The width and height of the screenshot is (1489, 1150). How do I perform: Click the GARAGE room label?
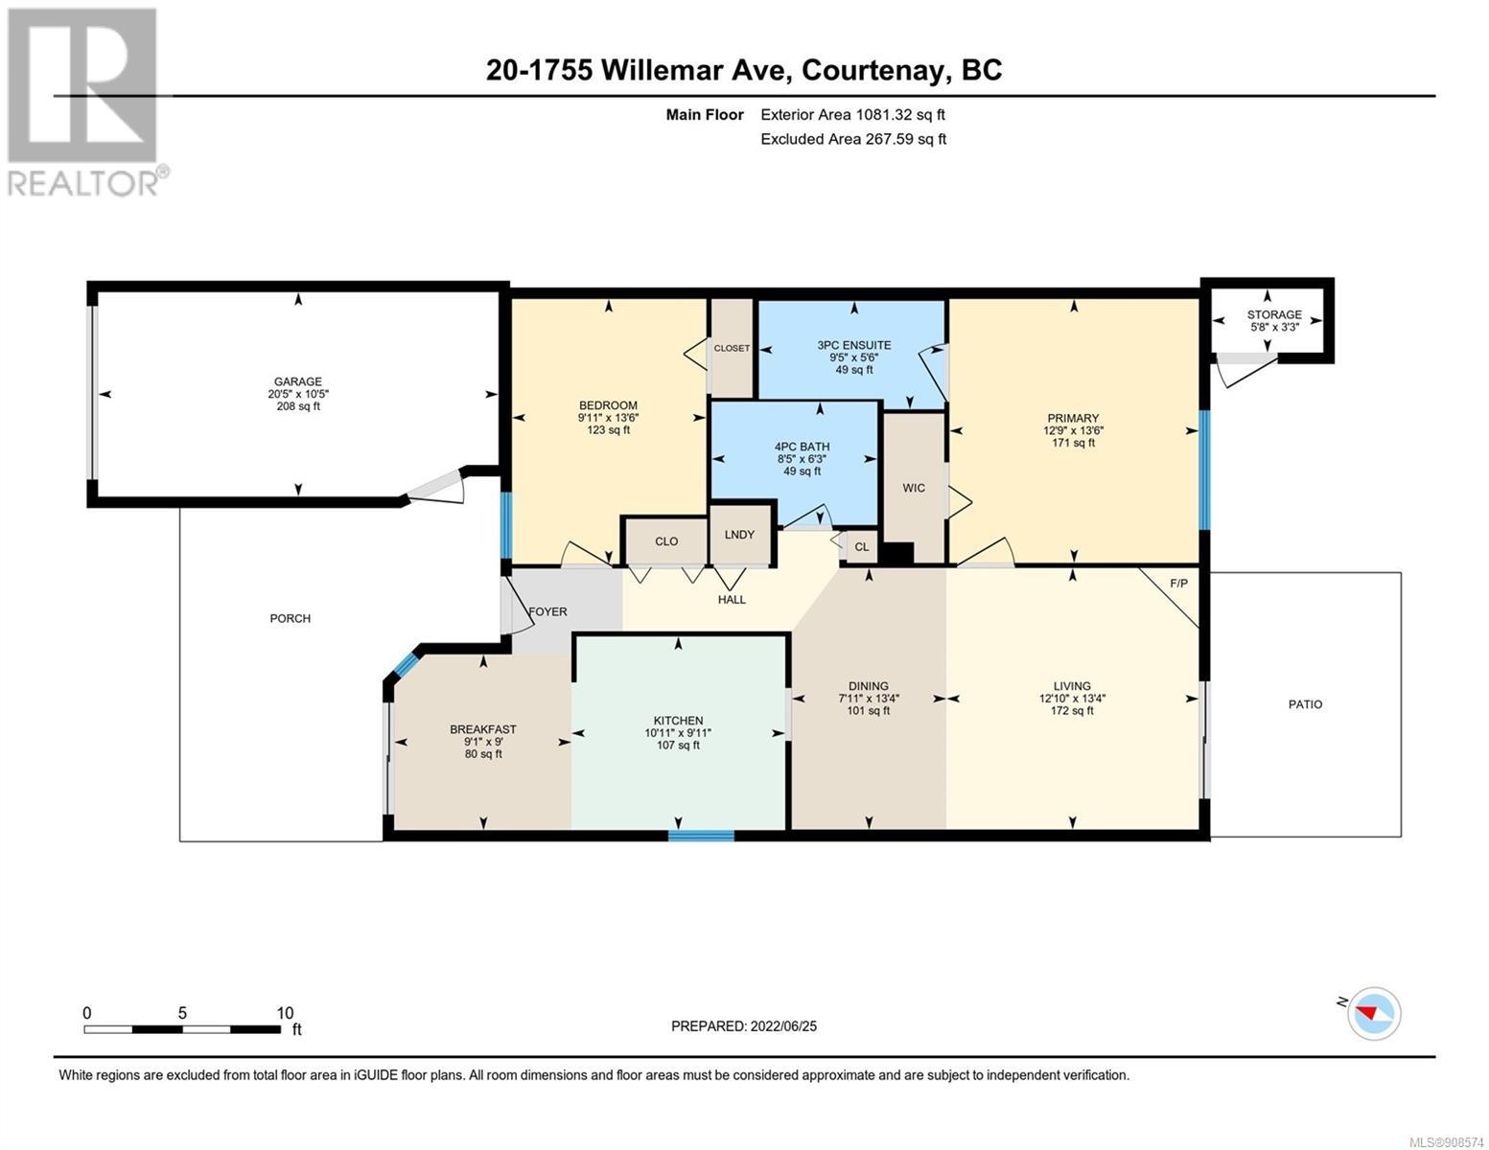(297, 381)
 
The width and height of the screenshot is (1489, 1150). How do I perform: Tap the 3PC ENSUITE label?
(853, 345)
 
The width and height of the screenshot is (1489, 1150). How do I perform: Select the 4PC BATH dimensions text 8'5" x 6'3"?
(802, 459)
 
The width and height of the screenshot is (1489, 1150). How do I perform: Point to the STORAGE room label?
(1273, 314)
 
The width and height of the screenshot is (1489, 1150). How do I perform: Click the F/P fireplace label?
(1178, 583)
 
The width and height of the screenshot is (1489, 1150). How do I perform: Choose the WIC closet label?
(914, 488)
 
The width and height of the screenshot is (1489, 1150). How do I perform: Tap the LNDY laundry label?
(739, 535)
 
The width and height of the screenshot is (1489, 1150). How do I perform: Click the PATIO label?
(1305, 704)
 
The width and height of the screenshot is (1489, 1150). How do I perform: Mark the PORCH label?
(290, 618)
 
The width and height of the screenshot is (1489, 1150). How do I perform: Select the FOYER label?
(547, 611)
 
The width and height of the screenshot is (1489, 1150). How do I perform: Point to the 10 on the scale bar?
(285, 1013)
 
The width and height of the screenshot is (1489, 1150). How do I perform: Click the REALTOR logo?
(84, 101)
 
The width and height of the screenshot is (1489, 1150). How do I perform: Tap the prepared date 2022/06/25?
(781, 1026)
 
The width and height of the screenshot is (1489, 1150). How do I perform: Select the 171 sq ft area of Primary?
(1072, 443)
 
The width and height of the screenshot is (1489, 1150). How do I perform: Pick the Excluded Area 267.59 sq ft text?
(852, 139)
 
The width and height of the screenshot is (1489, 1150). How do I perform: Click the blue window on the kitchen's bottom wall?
(701, 836)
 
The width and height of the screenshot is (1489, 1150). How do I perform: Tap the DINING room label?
(869, 686)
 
